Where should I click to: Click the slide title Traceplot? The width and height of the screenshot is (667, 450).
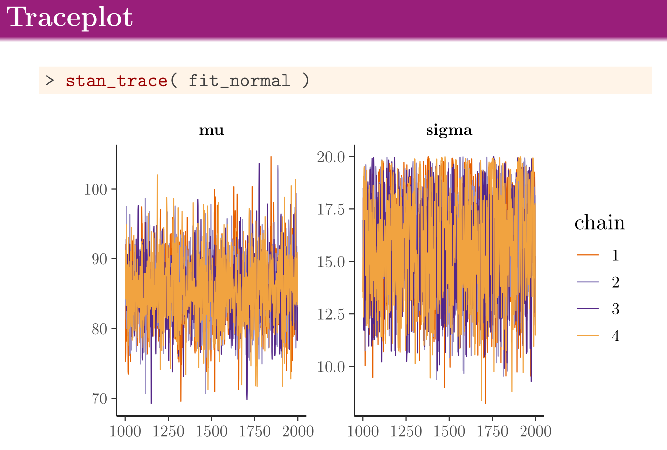tap(70, 18)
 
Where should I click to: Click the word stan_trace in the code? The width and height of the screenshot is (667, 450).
tap(116, 80)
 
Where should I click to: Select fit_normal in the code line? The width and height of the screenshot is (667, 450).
tap(239, 80)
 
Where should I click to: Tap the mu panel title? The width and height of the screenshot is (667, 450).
tap(211, 130)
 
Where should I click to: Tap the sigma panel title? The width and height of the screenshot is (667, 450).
tap(449, 130)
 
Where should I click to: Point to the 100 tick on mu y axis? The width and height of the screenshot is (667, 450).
tap(95, 189)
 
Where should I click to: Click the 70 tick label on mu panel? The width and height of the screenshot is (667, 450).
tap(100, 399)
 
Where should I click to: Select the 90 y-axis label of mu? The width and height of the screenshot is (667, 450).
tap(100, 259)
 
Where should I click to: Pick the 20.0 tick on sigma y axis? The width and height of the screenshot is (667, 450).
tap(331, 157)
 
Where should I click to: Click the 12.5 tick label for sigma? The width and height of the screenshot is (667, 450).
tap(331, 314)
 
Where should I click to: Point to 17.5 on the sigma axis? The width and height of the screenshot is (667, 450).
tap(331, 209)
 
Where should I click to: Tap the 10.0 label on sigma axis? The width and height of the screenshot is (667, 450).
tap(331, 367)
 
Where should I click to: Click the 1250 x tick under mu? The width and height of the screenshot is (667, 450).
tap(168, 431)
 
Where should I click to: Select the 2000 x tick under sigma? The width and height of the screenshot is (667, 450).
tap(535, 431)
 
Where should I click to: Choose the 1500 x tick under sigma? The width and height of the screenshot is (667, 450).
tap(449, 431)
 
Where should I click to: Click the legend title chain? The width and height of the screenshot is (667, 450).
tap(600, 223)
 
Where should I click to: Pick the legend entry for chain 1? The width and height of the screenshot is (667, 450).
tap(615, 255)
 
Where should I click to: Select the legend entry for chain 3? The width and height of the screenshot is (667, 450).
tap(615, 309)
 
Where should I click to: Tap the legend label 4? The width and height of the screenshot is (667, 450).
tap(615, 336)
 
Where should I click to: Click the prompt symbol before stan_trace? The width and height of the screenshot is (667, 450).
tap(49, 80)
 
